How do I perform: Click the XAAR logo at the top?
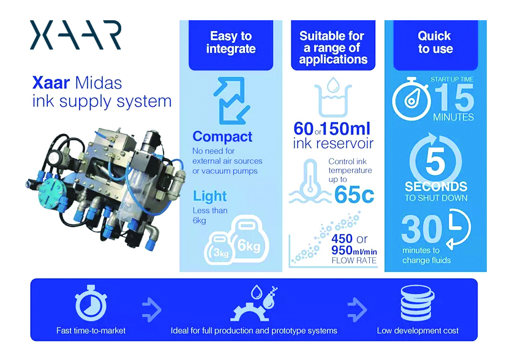(75, 35)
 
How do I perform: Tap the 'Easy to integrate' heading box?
(231, 45)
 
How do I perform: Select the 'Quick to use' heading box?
(435, 45)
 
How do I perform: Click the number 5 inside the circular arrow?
(435, 161)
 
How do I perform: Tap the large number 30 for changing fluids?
(421, 229)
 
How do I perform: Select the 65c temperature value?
(354, 195)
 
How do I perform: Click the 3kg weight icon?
(218, 249)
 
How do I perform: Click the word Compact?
(222, 137)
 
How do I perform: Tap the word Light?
(210, 196)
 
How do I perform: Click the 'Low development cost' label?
(418, 331)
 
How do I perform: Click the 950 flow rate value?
(342, 250)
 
